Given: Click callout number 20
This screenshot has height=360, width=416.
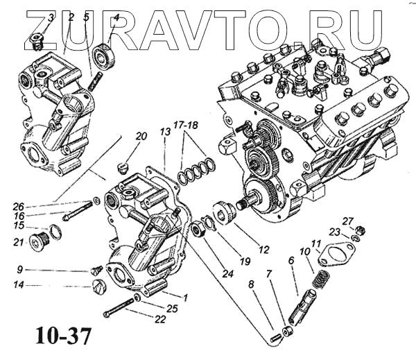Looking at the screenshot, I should coord(141,137).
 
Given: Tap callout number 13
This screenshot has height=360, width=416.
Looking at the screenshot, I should coord(165,132).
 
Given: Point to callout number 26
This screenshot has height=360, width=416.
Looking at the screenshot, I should coord(18,206).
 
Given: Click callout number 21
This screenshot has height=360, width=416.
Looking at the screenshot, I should coord(19,241).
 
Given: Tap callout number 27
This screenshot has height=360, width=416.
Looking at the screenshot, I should coord(348,221).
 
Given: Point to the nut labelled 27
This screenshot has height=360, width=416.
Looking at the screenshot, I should coord(361,230).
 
